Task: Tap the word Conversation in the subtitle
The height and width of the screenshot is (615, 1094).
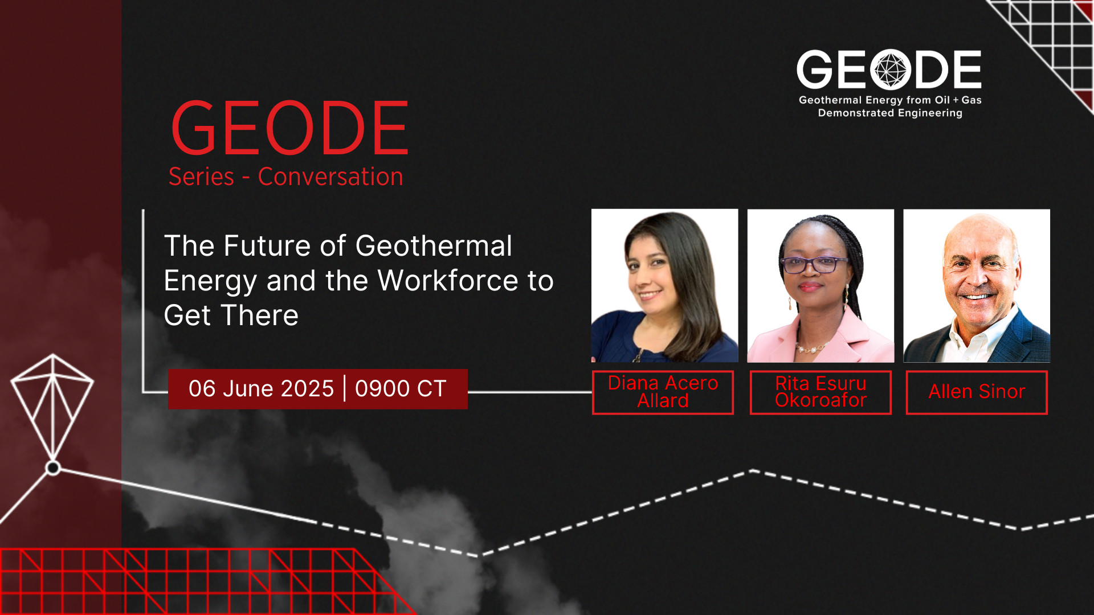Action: (330, 177)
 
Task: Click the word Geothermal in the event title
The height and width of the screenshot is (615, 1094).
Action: (434, 247)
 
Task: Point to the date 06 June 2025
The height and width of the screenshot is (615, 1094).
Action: (261, 389)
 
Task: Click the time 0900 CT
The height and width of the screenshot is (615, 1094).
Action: (401, 389)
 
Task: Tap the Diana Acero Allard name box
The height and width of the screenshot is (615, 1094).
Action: (663, 392)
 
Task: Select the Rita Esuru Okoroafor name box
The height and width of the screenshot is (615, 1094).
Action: (820, 392)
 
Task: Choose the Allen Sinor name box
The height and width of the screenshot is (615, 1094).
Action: (977, 392)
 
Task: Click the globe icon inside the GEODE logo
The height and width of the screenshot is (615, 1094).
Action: (891, 70)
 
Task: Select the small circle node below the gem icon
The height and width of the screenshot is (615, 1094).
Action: (53, 468)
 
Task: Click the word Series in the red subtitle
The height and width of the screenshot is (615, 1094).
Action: (201, 177)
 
